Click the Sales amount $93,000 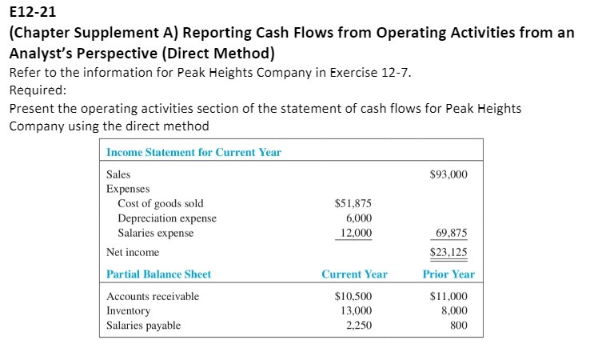448,174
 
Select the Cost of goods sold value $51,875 353,204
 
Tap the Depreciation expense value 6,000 358,218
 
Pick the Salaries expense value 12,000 356,233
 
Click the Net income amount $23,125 448,252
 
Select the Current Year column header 354,274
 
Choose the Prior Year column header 448,274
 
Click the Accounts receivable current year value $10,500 353,296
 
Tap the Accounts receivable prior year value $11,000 448,296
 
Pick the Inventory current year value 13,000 356,310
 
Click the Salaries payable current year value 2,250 358,325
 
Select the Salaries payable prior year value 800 459,325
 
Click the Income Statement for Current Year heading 193,152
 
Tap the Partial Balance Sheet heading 158,274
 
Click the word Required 31,90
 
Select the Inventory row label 128,310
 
